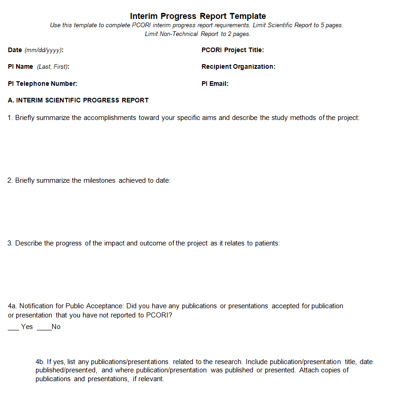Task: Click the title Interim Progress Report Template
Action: (x=198, y=16)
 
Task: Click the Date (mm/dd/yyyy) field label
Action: (x=36, y=50)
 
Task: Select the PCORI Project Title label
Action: (x=232, y=50)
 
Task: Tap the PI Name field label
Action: (x=20, y=66)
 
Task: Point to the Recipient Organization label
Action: (x=238, y=66)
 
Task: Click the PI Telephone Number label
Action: (x=42, y=84)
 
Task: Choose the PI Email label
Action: (x=215, y=84)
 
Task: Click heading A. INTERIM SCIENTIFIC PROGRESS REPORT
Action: (x=78, y=100)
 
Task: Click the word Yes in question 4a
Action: (x=27, y=327)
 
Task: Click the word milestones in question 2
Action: (x=100, y=180)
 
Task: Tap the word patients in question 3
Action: (x=267, y=243)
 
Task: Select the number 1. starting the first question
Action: (x=10, y=118)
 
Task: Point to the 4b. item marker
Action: (x=40, y=362)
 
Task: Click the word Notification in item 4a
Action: (x=36, y=306)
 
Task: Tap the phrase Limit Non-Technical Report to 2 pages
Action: (x=198, y=34)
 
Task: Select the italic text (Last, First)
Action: (x=52, y=66)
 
